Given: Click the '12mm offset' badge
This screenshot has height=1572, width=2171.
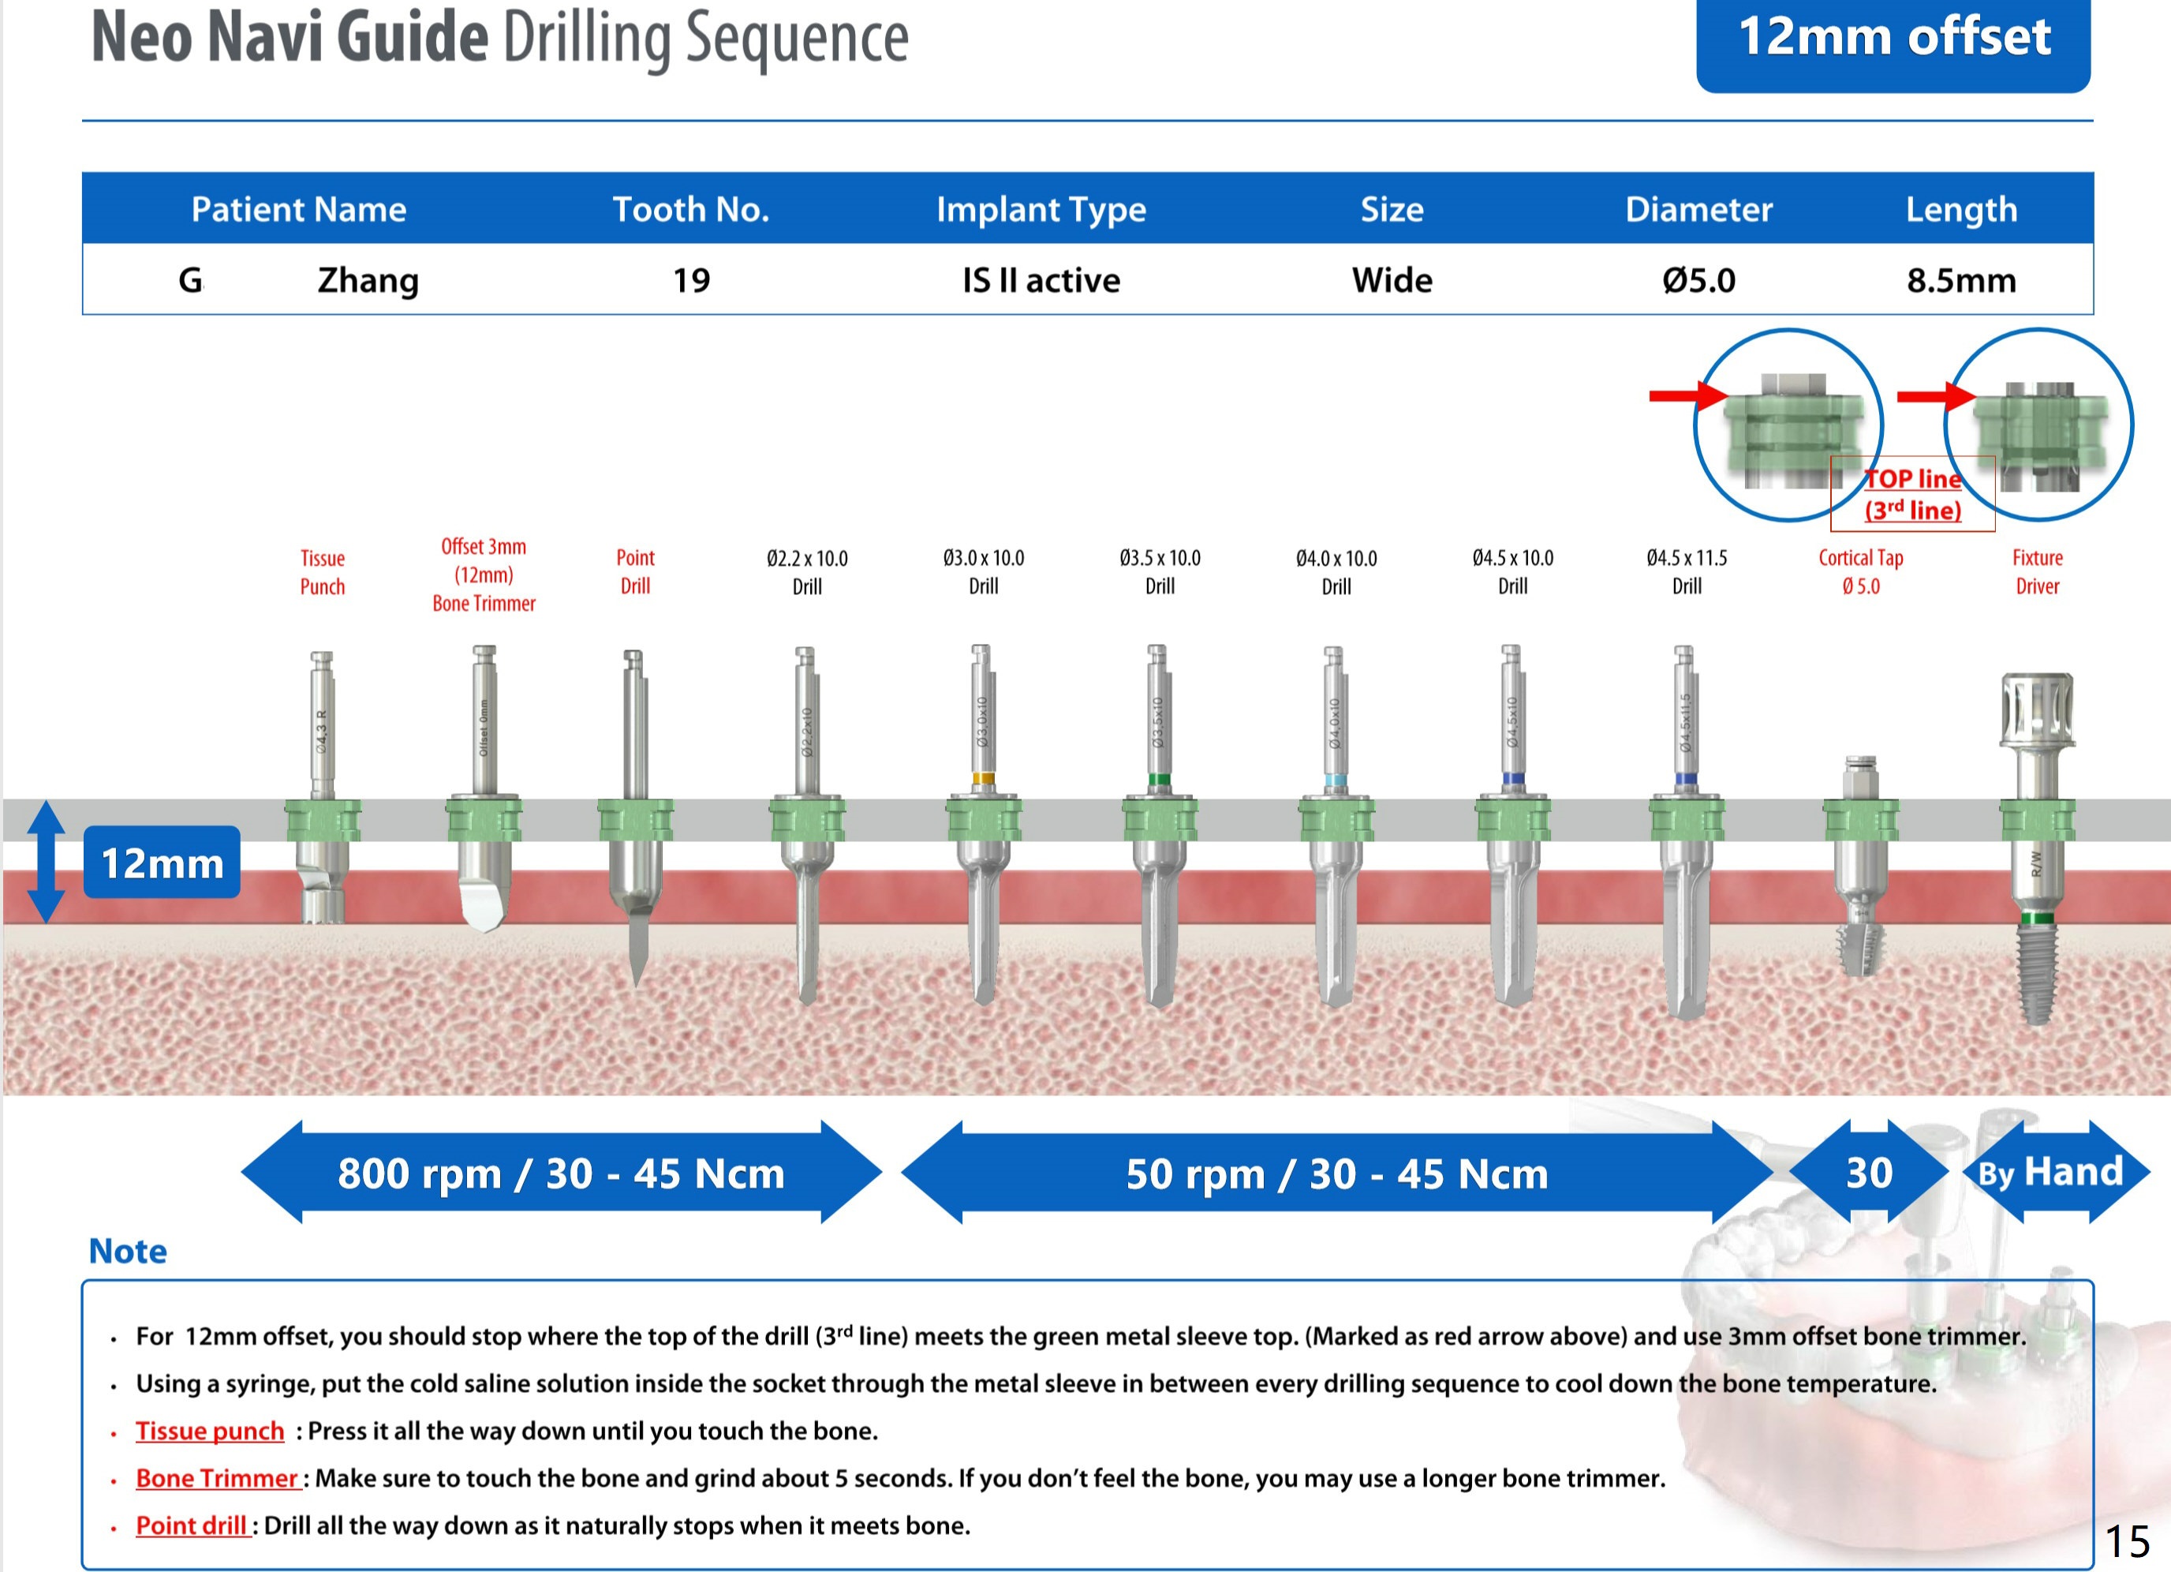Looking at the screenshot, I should pyautogui.click(x=1893, y=39).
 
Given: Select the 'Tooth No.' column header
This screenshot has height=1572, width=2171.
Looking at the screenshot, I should pyautogui.click(x=691, y=208).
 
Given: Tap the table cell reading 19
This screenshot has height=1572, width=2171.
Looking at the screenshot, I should pyautogui.click(x=691, y=279).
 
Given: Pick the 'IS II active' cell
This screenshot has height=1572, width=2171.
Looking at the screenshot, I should pyautogui.click(x=1041, y=279).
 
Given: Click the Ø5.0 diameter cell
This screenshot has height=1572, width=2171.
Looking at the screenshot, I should pyautogui.click(x=1698, y=279).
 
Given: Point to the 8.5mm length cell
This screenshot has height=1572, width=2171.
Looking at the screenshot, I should pyautogui.click(x=1960, y=279).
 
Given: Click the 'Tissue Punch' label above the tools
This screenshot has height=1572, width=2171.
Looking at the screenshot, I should pyautogui.click(x=323, y=571).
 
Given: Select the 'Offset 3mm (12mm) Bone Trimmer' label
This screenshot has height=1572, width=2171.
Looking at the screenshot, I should pyautogui.click(x=484, y=575).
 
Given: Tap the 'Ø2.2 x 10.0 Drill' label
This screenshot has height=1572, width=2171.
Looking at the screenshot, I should pyautogui.click(x=807, y=571).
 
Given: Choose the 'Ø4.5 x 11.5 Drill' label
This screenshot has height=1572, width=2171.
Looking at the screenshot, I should pyautogui.click(x=1687, y=571).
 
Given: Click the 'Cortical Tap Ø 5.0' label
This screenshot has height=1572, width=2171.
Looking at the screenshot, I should pyautogui.click(x=1860, y=571).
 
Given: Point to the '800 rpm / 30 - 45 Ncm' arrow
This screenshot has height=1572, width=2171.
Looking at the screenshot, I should pyautogui.click(x=561, y=1172).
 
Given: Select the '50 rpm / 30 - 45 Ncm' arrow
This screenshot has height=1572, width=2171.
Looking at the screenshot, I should pyautogui.click(x=1336, y=1172).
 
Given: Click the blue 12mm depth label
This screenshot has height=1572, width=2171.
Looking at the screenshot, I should pyautogui.click(x=162, y=863).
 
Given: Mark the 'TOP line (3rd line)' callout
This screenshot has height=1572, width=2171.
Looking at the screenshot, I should pyautogui.click(x=1912, y=494).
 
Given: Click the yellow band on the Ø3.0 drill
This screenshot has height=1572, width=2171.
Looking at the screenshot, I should pyautogui.click(x=982, y=778).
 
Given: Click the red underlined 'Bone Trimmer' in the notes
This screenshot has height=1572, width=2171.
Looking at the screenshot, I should pyautogui.click(x=217, y=1477).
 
